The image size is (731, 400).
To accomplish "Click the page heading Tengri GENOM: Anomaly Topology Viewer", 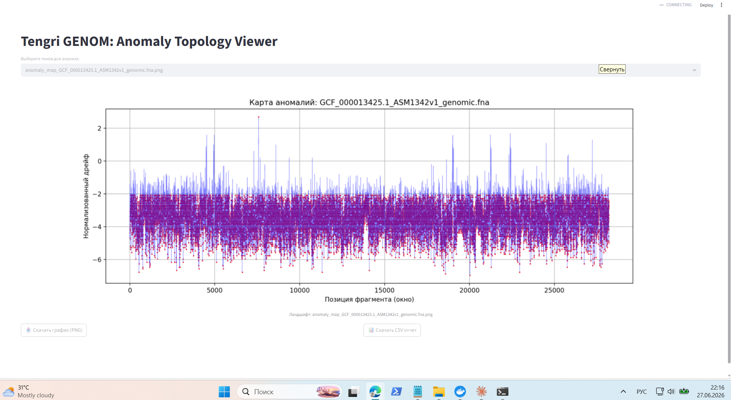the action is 149,41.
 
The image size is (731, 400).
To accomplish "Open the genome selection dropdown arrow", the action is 694,70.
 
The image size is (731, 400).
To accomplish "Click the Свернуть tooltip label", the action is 612,69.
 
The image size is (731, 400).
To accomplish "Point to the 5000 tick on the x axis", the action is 214,290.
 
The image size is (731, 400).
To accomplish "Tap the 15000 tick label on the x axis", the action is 384,290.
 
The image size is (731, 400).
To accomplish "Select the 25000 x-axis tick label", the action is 554,290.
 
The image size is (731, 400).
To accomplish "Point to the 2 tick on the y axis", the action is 100,128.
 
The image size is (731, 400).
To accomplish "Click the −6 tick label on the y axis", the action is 97,260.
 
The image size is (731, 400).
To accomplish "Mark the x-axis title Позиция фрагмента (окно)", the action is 369,299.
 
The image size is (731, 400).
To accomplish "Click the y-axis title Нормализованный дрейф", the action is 86,196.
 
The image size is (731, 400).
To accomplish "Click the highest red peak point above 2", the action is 258,117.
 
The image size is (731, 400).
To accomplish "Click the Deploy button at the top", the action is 706,5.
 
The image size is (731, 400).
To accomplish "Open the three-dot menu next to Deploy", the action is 721,5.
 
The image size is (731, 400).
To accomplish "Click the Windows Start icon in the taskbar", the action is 224,392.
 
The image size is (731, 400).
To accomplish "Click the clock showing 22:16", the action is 717,388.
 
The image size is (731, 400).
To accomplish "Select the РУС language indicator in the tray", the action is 642,392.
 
